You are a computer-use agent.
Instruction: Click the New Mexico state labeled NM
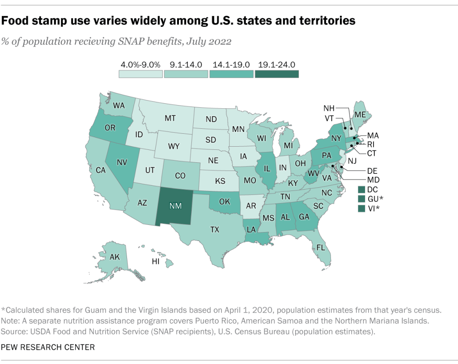(x=175, y=205)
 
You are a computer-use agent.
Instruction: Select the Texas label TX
(x=215, y=229)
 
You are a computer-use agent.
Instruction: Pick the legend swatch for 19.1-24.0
(x=276, y=74)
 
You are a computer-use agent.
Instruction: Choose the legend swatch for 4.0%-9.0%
(x=140, y=74)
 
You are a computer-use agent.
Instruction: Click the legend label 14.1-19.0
(x=231, y=64)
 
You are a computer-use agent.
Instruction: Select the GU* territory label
(x=375, y=199)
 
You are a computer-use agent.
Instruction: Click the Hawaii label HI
(x=156, y=262)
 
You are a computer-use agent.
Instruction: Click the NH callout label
(x=329, y=108)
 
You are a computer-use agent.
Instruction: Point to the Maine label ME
(x=360, y=115)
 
